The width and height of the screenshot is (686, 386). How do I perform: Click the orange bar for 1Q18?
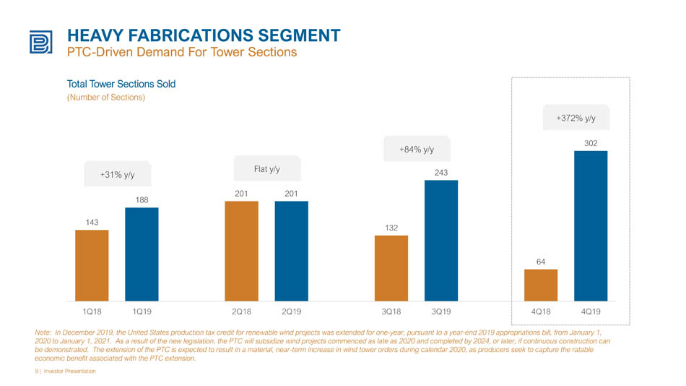click(x=92, y=265)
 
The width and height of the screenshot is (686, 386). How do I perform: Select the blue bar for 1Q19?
click(x=142, y=254)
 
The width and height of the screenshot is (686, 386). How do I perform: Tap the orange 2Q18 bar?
click(x=241, y=251)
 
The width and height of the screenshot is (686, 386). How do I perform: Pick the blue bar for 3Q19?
click(x=441, y=241)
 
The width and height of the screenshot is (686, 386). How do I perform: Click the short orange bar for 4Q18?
click(x=541, y=286)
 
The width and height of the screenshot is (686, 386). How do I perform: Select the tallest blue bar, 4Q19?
click(x=591, y=226)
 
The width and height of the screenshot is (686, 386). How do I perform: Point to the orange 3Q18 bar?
click(x=391, y=268)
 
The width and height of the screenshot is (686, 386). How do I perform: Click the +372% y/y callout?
click(x=576, y=117)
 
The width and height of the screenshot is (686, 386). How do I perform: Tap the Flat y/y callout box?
click(x=267, y=168)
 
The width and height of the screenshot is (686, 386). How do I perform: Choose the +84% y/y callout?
click(x=417, y=149)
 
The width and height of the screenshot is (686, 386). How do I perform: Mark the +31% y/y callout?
click(x=118, y=174)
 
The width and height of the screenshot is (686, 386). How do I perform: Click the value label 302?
click(x=591, y=143)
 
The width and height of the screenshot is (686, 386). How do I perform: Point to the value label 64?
click(x=541, y=262)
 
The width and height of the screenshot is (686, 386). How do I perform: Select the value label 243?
click(x=441, y=173)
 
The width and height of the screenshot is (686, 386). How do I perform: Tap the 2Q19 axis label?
click(x=292, y=312)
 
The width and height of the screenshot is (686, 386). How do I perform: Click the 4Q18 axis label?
click(x=541, y=312)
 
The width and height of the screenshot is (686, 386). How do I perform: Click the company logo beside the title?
click(x=41, y=42)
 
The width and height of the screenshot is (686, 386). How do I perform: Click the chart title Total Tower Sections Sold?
click(x=121, y=84)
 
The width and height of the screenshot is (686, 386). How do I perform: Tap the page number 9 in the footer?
click(x=36, y=371)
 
